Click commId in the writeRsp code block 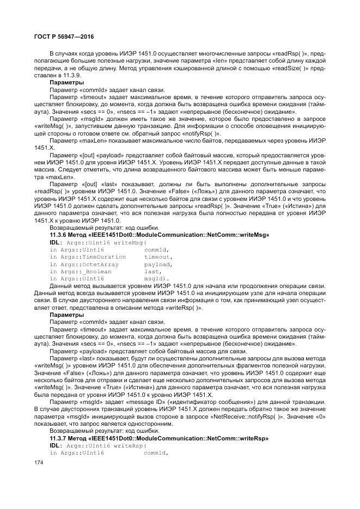click(156, 453)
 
